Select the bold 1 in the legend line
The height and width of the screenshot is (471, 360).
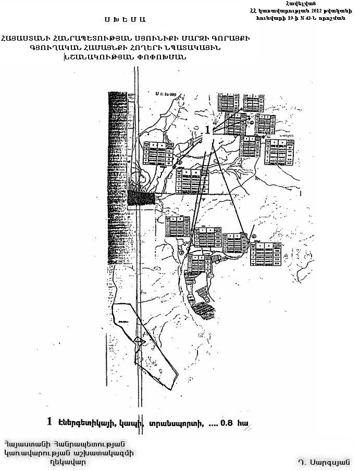click(x=50, y=421)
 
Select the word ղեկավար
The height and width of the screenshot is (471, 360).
click(x=65, y=461)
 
